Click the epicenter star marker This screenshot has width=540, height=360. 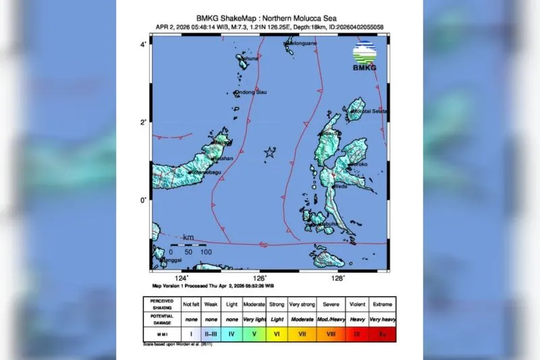coord(269,153)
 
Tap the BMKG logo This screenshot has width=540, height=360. coord(364,55)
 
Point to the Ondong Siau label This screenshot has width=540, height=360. coord(252,93)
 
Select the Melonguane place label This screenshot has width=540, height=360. coord(303,44)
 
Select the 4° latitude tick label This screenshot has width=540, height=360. coord(144,45)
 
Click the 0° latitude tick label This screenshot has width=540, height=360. coord(144,201)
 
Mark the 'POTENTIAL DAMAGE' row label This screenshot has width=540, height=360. coord(161,319)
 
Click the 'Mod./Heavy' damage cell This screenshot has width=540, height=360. coord(331,319)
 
